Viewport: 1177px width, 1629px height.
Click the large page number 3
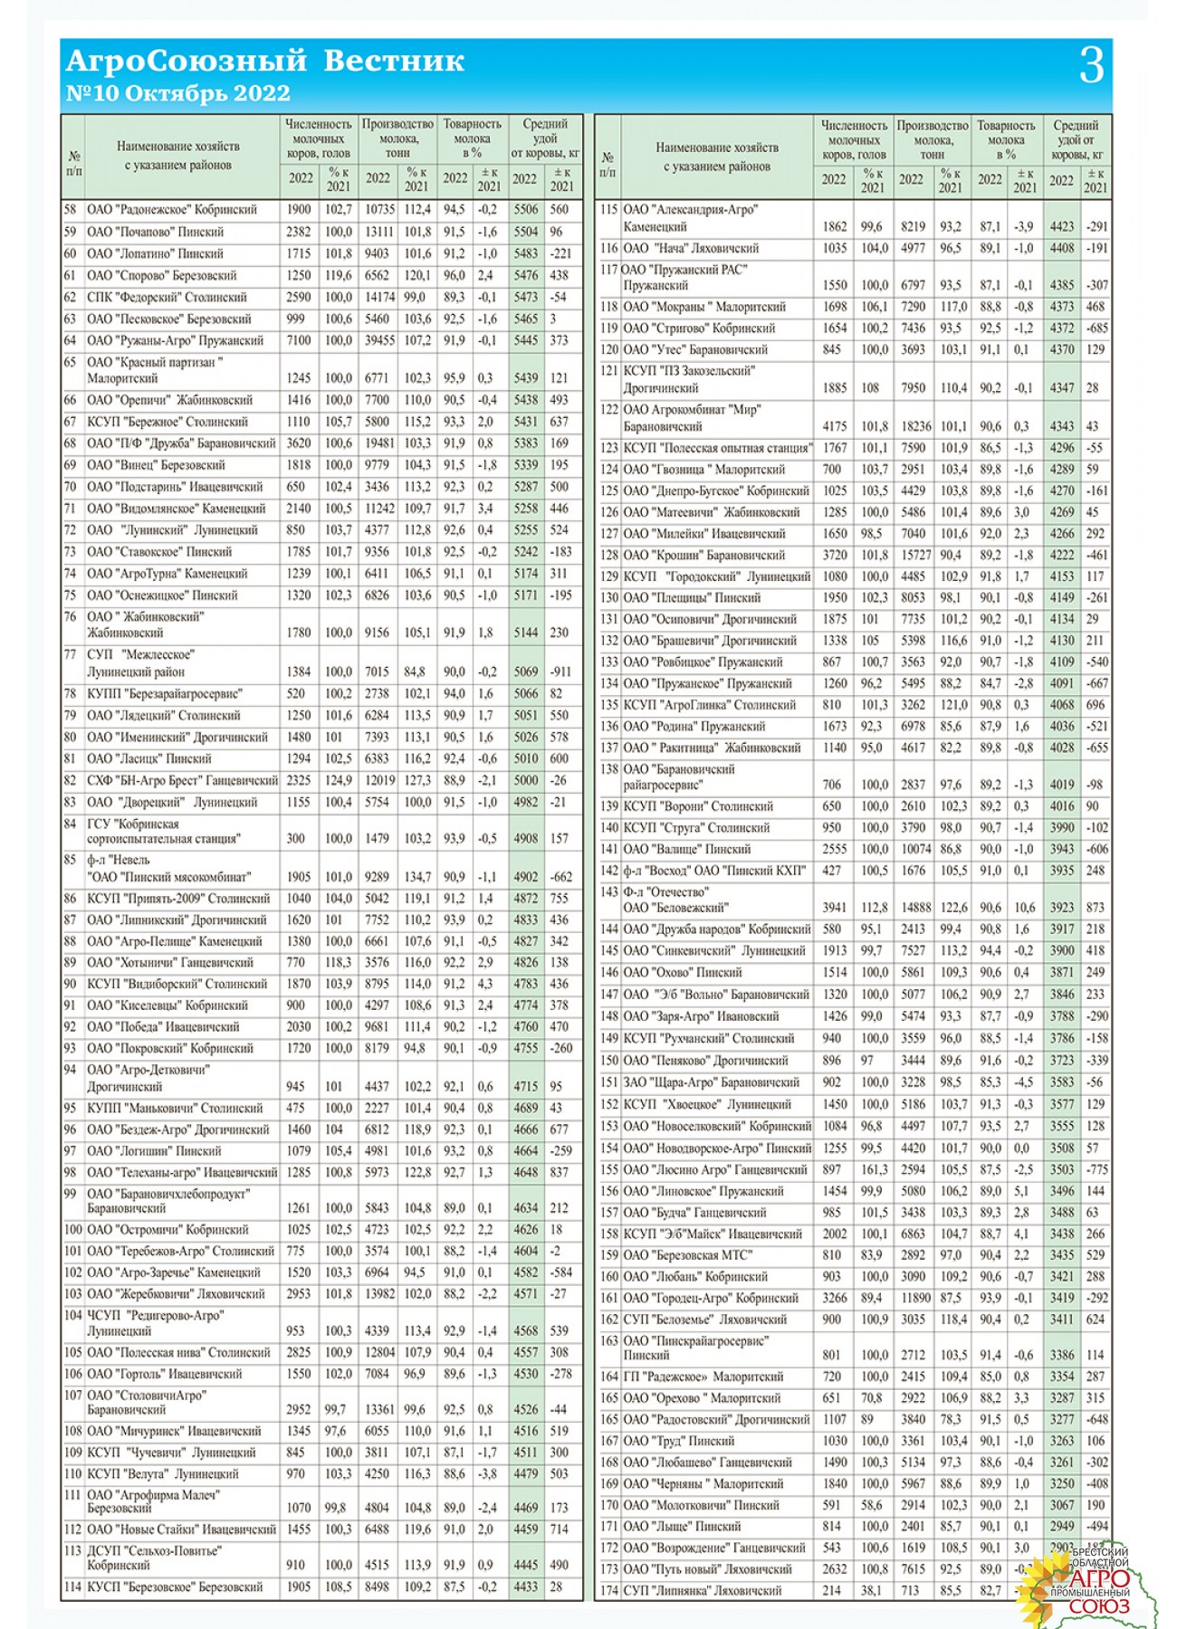tap(1091, 65)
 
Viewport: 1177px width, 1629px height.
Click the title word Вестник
tap(394, 61)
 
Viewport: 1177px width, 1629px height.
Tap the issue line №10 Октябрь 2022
tap(178, 93)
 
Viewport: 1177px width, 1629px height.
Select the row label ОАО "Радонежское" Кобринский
tap(172, 210)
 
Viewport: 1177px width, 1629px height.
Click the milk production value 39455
tap(379, 340)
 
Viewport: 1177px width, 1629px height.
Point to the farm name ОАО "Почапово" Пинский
tap(156, 232)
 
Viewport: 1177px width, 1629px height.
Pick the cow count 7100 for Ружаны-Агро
tap(299, 340)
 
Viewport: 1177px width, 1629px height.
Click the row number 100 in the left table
tap(72, 1230)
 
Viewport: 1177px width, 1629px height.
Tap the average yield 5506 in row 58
tap(525, 210)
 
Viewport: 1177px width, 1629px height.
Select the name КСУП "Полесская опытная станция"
tap(718, 448)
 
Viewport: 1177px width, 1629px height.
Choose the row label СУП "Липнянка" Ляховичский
tap(703, 1590)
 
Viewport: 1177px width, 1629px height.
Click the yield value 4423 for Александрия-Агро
tap(1061, 227)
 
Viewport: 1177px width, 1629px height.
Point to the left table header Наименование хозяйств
tap(178, 146)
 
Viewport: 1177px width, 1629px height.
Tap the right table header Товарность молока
tap(1006, 133)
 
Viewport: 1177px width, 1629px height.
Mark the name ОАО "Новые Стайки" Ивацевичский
tap(181, 1529)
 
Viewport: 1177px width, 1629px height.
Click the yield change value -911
tap(560, 672)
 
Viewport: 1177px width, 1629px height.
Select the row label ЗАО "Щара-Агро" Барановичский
tap(712, 1082)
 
